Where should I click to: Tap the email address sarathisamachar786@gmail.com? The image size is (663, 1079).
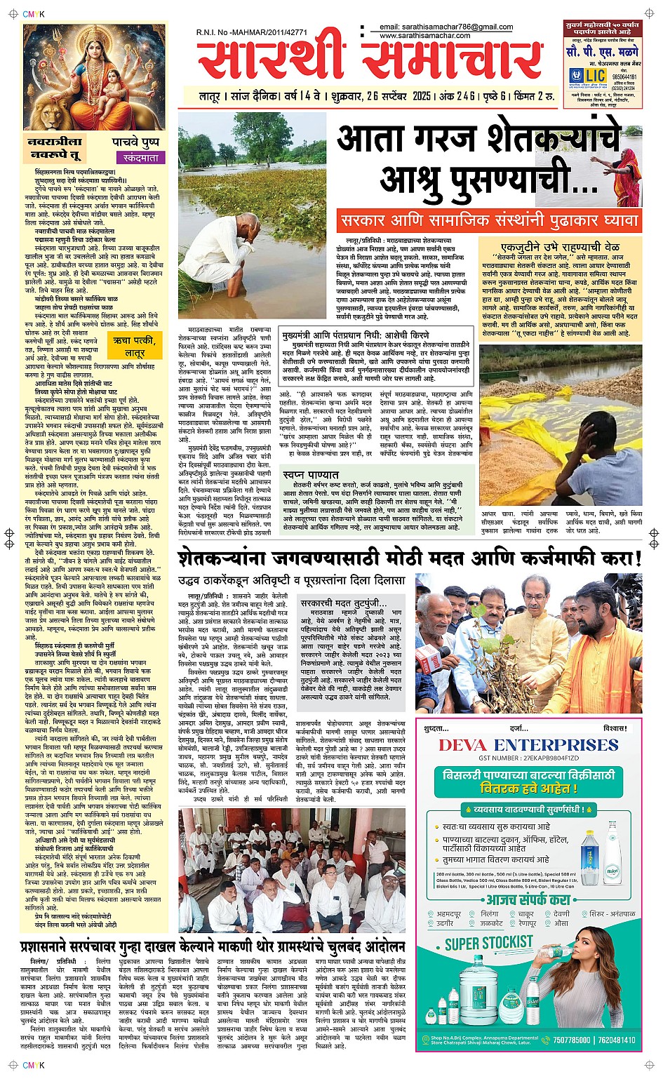pos(446,27)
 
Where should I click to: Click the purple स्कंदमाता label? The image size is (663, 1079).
pos(140,159)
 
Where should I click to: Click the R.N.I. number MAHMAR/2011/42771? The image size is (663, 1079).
pos(254,32)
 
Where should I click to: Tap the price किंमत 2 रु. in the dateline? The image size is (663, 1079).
pos(535,96)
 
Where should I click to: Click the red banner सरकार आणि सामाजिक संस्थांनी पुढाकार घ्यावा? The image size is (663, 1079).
pos(489,220)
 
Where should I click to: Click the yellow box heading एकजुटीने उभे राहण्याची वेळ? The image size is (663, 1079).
pos(560,247)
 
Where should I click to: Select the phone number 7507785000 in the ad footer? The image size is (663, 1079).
pos(572,1040)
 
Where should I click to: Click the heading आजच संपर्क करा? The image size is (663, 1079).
pos(529,900)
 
